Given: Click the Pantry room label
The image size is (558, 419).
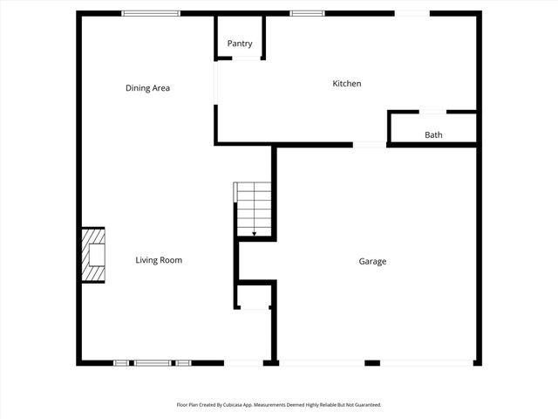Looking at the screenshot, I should [240, 44].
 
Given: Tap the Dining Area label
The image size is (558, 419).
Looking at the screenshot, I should [147, 88].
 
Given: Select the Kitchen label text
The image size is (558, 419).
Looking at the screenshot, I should [347, 84].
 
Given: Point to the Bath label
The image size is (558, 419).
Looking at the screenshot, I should [433, 135].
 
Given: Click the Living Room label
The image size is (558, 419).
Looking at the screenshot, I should [159, 260].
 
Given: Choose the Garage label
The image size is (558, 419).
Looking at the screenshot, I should [372, 261].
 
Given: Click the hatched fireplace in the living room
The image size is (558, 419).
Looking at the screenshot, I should [93, 255].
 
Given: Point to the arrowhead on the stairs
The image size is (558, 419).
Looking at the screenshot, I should [254, 234].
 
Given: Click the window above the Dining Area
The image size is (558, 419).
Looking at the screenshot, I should [151, 13].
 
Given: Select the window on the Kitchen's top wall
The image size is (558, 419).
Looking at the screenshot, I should [307, 13].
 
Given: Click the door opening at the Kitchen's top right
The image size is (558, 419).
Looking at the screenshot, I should [412, 13].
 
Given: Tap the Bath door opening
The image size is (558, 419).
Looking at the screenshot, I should [433, 112].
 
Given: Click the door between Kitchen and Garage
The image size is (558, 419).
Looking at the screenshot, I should [370, 144].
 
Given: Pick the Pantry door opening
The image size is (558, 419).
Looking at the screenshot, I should [247, 58].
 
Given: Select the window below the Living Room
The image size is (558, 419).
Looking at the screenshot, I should [153, 362].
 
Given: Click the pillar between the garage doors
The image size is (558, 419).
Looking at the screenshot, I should [372, 362].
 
